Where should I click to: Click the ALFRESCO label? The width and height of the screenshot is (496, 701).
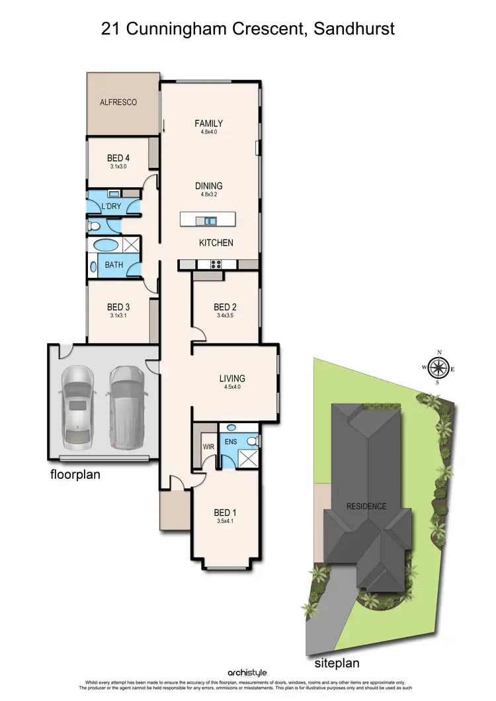(118, 103)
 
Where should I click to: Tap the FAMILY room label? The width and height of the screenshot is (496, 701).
(208, 123)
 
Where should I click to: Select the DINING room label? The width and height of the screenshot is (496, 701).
(208, 186)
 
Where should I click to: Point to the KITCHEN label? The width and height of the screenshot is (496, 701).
(216, 243)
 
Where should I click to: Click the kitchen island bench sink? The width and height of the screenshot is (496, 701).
(210, 220)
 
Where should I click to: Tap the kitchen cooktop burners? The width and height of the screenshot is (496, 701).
(216, 265)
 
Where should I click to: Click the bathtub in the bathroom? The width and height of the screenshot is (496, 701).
(106, 245)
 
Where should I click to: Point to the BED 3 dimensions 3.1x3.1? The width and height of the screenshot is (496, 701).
(118, 315)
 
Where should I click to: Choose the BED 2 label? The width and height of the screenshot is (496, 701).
(225, 307)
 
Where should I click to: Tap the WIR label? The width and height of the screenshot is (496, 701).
(208, 446)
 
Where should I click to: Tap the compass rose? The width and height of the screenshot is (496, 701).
(438, 368)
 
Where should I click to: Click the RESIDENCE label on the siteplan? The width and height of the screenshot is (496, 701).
(366, 507)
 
